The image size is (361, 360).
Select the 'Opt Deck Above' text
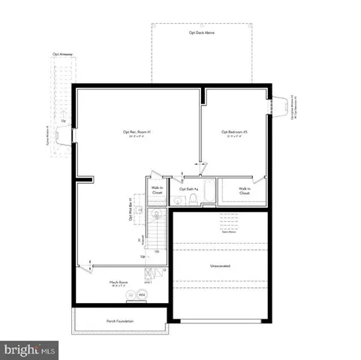(x=201, y=33)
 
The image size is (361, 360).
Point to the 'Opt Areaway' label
(x=62, y=54)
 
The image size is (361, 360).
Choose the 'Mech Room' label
(x=119, y=283)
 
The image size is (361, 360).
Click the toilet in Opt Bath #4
(x=193, y=198)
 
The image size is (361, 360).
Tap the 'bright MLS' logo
(x=30, y=349)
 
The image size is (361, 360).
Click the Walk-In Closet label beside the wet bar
(x=157, y=190)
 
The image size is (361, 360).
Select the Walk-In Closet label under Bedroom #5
(x=245, y=190)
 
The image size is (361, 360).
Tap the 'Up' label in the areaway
(x=64, y=121)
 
